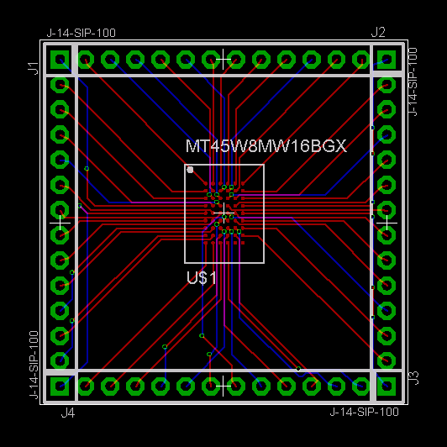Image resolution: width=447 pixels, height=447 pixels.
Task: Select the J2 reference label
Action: point(378,33)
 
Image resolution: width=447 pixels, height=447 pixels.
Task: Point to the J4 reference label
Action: point(68,413)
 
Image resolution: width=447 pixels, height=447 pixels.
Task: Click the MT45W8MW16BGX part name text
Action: point(266,146)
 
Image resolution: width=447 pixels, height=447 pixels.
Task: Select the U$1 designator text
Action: point(202,277)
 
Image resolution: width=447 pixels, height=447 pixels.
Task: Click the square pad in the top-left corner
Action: point(60,60)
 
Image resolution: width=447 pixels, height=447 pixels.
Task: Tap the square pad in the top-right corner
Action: point(387,60)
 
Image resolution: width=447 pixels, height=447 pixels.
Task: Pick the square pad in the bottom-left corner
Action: point(60,387)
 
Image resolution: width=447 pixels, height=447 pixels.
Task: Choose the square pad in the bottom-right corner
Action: point(387,387)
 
